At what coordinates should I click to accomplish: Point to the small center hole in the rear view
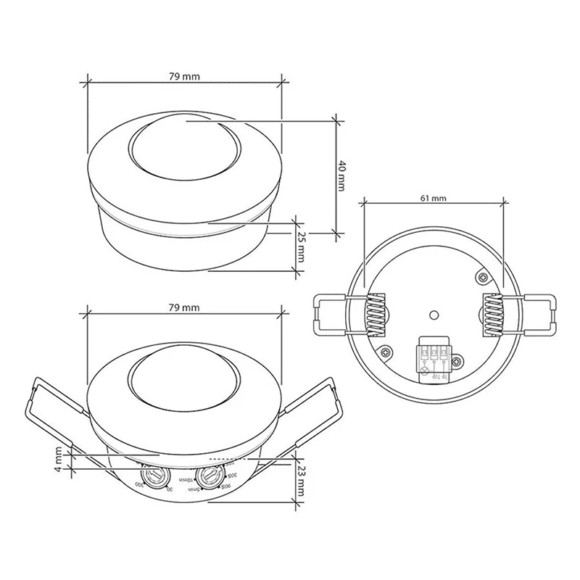click(x=433, y=315)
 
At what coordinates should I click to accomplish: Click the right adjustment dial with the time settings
click(x=210, y=477)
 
